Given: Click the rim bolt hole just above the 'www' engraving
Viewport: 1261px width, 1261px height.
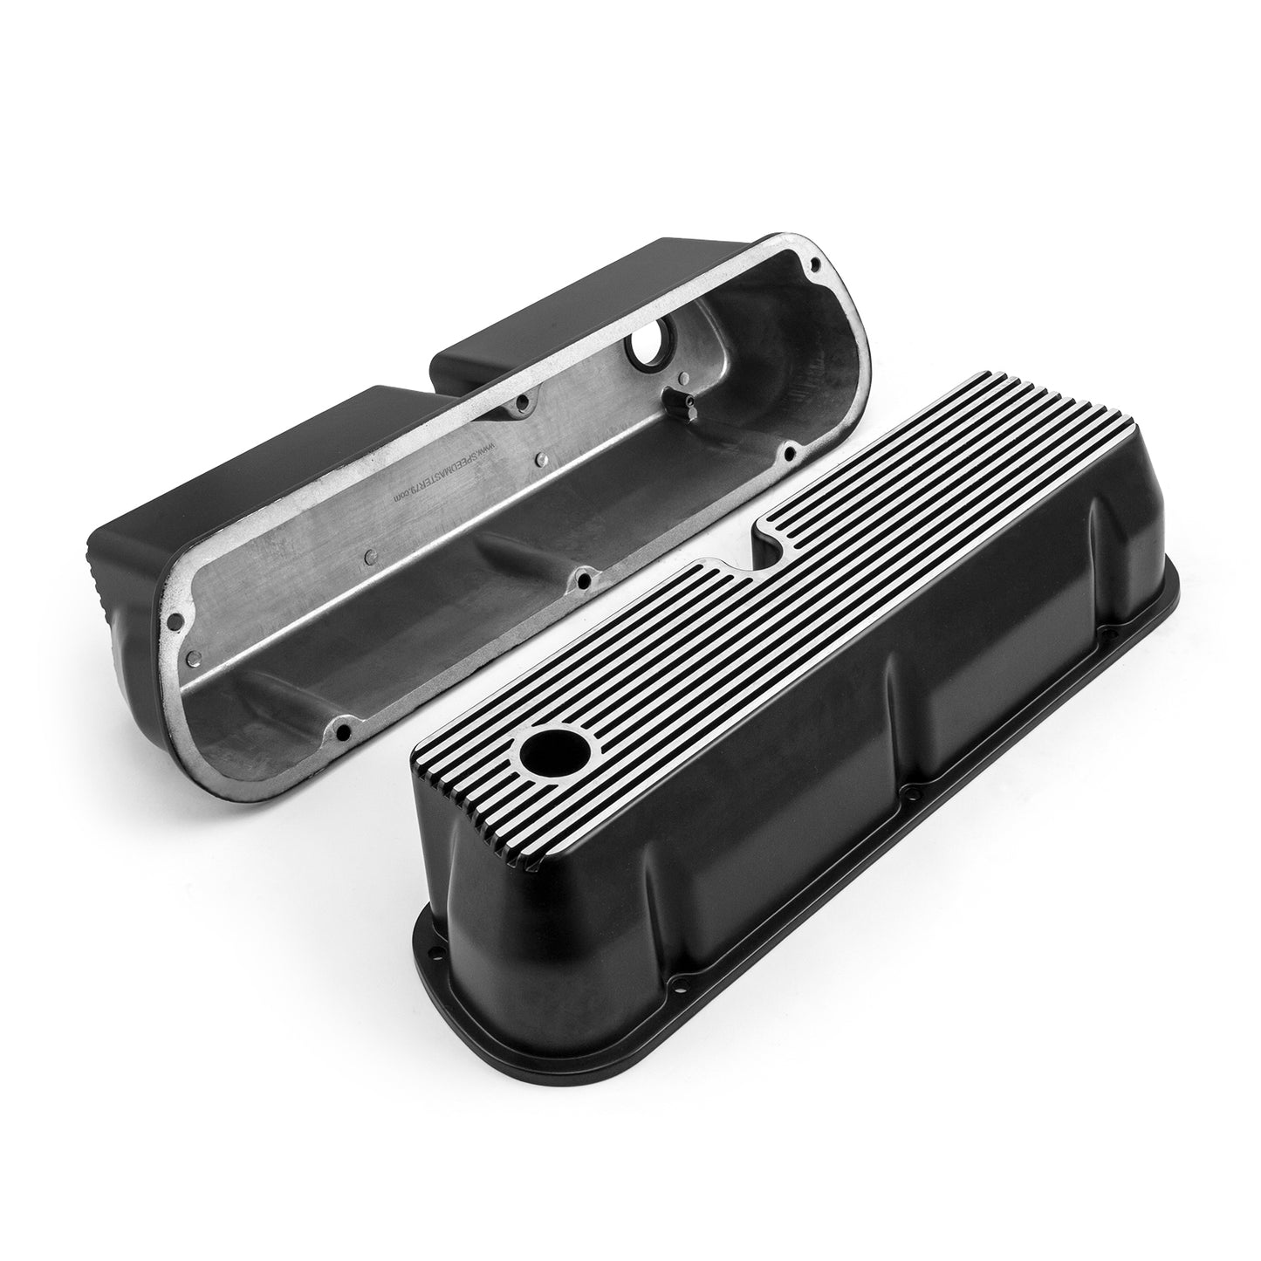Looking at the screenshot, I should [x=522, y=403].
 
